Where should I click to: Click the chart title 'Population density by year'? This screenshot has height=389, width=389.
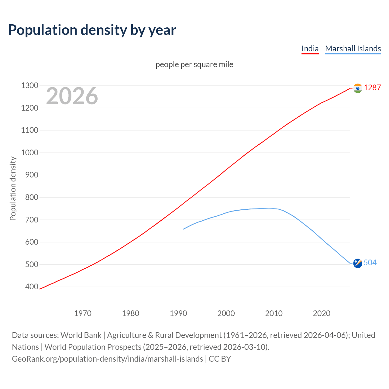click(x=92, y=30)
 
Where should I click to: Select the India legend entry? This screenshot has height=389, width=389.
click(x=310, y=49)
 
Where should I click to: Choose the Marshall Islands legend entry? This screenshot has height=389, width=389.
click(x=353, y=49)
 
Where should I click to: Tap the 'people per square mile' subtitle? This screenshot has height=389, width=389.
click(x=194, y=64)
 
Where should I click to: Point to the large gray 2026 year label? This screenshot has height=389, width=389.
click(x=72, y=96)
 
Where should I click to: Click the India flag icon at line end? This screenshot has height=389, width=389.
click(x=358, y=88)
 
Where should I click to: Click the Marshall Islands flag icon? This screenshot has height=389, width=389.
click(x=358, y=263)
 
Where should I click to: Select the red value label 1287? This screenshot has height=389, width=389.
click(x=372, y=88)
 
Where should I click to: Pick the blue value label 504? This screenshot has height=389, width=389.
click(x=370, y=263)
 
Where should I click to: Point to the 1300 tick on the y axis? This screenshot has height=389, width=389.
click(x=29, y=86)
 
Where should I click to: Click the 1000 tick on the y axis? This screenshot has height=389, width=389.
click(x=29, y=153)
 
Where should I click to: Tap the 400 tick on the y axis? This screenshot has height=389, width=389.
click(x=32, y=287)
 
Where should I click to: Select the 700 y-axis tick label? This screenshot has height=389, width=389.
click(x=32, y=220)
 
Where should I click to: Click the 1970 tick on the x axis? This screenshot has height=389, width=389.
click(x=83, y=313)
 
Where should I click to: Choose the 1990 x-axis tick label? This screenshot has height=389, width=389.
click(x=178, y=313)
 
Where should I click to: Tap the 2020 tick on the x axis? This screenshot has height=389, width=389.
click(x=322, y=313)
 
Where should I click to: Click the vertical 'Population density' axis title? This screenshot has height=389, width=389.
click(x=13, y=188)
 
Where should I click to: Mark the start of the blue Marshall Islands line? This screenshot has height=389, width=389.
click(x=183, y=229)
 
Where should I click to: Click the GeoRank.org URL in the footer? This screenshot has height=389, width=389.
click(x=107, y=359)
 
